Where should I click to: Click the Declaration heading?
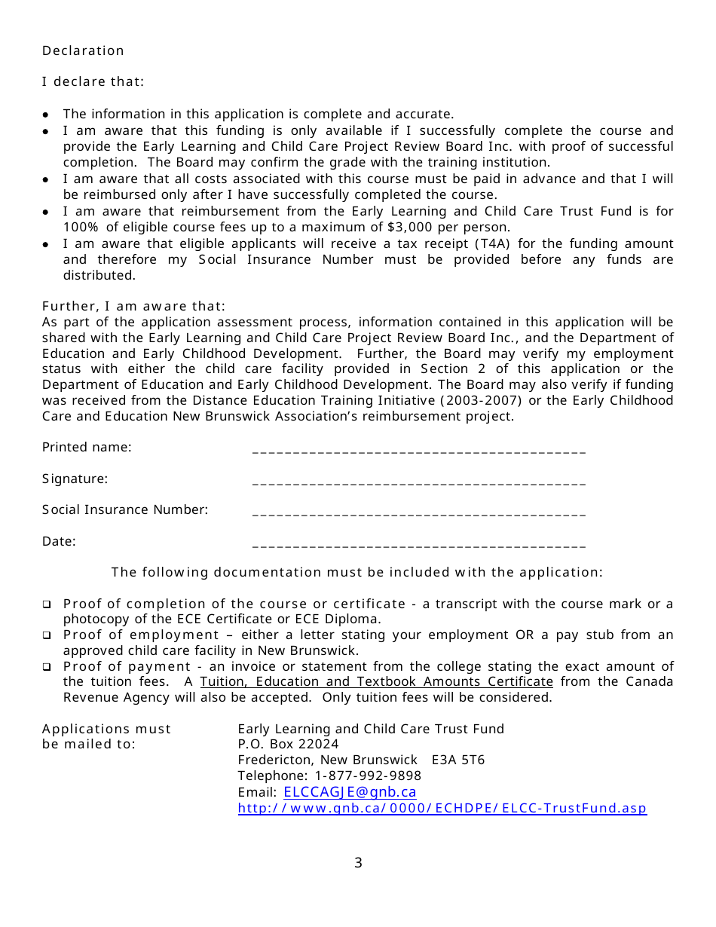[x=83, y=50]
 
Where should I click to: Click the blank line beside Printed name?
[x=418, y=450]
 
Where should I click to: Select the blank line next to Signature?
[x=418, y=482]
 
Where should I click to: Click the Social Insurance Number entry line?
[x=418, y=512]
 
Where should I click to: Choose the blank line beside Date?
[x=418, y=544]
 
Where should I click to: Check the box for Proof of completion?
[x=47, y=604]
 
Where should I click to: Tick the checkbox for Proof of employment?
[x=47, y=635]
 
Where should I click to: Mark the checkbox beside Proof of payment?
[x=47, y=667]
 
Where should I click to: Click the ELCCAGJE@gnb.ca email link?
[x=350, y=792]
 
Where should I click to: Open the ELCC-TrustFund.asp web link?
[x=442, y=808]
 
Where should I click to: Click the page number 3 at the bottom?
[x=358, y=863]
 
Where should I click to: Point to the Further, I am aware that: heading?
[x=133, y=306]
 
